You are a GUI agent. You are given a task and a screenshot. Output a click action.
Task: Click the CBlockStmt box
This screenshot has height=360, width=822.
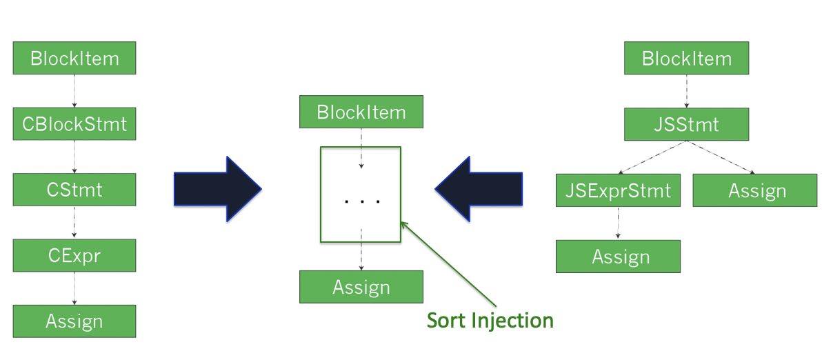pyautogui.click(x=74, y=123)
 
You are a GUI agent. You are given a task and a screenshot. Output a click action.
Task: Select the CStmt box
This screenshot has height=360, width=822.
pyautogui.click(x=74, y=190)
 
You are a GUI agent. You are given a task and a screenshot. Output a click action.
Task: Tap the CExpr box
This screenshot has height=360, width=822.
pyautogui.click(x=74, y=256)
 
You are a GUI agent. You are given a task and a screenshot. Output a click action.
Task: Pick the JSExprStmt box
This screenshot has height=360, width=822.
pyautogui.click(x=618, y=190)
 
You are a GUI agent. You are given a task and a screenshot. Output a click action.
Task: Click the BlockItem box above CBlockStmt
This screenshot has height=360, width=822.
pyautogui.click(x=74, y=58)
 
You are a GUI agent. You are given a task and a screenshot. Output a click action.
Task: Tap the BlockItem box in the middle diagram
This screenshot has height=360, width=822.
pyautogui.click(x=361, y=112)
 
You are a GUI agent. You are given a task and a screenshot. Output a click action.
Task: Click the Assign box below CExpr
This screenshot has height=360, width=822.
pyautogui.click(x=74, y=321)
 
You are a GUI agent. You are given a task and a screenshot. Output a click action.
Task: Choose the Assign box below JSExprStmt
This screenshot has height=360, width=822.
pyautogui.click(x=618, y=257)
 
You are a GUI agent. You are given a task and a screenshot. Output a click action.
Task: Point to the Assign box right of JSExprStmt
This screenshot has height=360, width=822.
pyautogui.click(x=755, y=190)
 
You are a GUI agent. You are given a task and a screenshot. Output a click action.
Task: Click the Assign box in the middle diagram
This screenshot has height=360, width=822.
pyautogui.click(x=361, y=287)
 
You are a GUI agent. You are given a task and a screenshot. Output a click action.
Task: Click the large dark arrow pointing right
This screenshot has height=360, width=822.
pyautogui.click(x=217, y=189)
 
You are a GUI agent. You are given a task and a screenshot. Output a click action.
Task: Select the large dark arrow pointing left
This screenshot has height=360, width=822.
pyautogui.click(x=479, y=189)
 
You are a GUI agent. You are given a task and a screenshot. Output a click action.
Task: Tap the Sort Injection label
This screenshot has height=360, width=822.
pyautogui.click(x=490, y=319)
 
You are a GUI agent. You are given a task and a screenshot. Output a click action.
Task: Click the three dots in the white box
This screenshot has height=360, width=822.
pyautogui.click(x=362, y=201)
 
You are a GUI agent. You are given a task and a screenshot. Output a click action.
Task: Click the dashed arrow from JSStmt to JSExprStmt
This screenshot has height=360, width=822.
pyautogui.click(x=652, y=157)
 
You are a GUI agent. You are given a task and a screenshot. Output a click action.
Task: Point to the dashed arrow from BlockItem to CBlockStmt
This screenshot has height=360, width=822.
pyautogui.click(x=74, y=91)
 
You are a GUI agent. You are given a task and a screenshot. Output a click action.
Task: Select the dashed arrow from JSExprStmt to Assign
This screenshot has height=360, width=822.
pyautogui.click(x=618, y=223)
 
